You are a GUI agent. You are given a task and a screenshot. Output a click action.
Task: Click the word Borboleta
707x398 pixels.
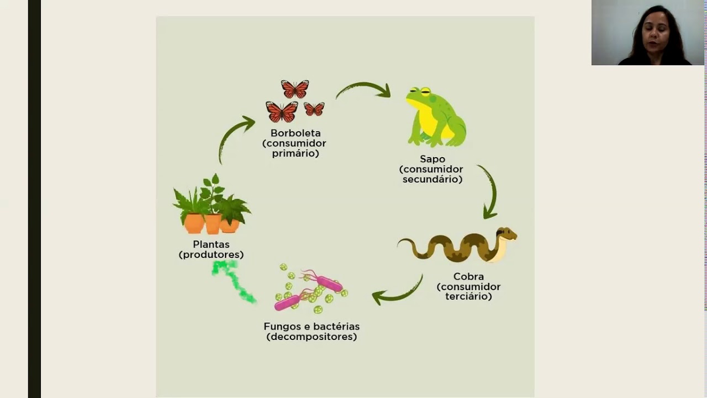coord(296,133)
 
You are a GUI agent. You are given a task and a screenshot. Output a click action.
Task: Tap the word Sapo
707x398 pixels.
coord(432,159)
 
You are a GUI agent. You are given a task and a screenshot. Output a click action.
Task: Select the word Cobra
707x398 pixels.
coord(468,276)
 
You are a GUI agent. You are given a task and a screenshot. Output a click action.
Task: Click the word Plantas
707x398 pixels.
coord(211,244)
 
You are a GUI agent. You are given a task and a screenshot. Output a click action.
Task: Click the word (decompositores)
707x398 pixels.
coord(312,337)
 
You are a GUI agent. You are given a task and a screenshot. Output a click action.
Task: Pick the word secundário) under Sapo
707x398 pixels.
coord(432,180)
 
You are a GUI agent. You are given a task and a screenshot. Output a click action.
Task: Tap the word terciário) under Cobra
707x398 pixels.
coord(468,297)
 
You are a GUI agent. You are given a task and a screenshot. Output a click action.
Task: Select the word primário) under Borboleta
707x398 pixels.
coord(296,154)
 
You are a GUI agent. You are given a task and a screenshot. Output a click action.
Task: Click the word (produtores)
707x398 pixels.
coord(211,255)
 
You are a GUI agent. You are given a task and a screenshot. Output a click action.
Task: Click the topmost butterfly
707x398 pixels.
coord(295,89)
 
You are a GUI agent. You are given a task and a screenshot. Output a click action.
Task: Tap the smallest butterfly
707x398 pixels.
coord(314,109)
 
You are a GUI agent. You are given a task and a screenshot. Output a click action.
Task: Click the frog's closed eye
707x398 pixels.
coord(425,91)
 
